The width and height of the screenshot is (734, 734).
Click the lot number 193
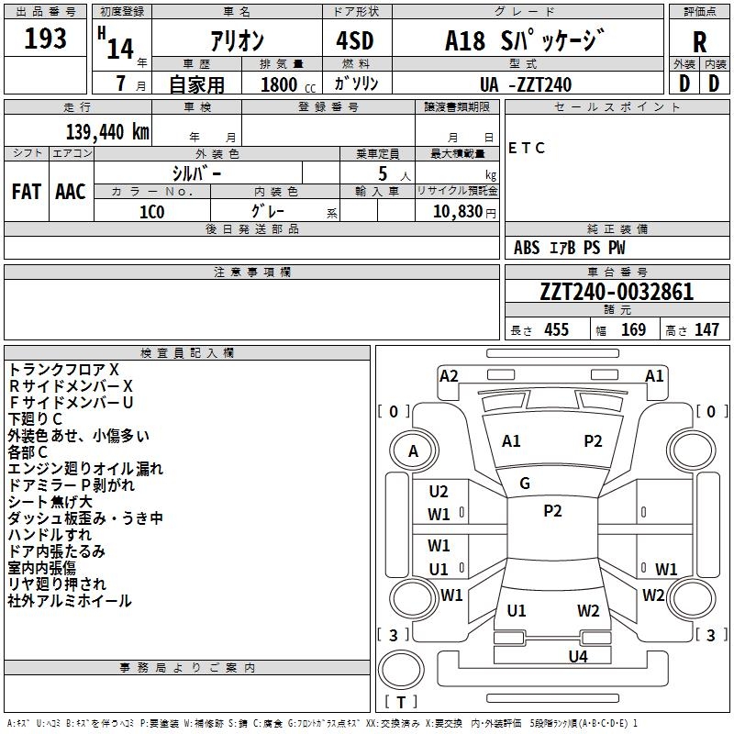pyautogui.click(x=45, y=38)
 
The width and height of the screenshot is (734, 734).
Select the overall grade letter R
pyautogui.click(x=699, y=42)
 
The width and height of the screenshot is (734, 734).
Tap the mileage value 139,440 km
pyautogui.click(x=107, y=131)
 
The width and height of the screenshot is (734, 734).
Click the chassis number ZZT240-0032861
pyautogui.click(x=617, y=292)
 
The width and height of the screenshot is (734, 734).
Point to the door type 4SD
pyautogui.click(x=355, y=40)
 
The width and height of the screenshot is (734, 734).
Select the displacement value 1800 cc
pyautogui.click(x=288, y=84)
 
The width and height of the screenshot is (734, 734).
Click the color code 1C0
pyautogui.click(x=152, y=212)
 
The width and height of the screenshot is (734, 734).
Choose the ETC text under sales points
pyautogui.click(x=526, y=148)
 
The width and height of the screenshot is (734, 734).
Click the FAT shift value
pyautogui.click(x=27, y=191)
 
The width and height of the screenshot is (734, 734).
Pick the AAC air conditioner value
pyautogui.click(x=71, y=191)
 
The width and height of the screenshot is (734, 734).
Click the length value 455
pyautogui.click(x=556, y=329)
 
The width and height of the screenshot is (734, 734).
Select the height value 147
pyautogui.click(x=706, y=329)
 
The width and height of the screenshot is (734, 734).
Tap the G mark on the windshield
pyautogui.click(x=525, y=484)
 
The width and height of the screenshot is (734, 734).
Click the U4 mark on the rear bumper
pyautogui.click(x=578, y=656)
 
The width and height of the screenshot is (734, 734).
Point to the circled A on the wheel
pyautogui.click(x=414, y=451)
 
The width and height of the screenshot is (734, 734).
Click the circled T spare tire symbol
pyautogui.click(x=401, y=669)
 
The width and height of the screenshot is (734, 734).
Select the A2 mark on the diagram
pyautogui.click(x=449, y=376)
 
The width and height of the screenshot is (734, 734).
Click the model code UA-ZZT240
pyautogui.click(x=525, y=84)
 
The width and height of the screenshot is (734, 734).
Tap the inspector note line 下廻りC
pyautogui.click(x=35, y=418)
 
